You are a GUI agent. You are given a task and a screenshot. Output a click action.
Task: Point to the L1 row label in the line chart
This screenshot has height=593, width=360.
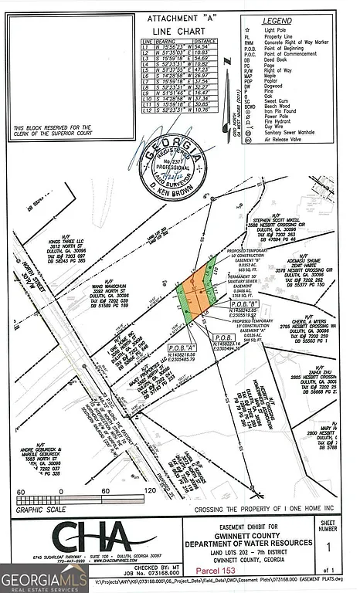click(144, 46)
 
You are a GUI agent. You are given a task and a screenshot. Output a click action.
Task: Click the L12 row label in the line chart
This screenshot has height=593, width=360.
click(145, 110)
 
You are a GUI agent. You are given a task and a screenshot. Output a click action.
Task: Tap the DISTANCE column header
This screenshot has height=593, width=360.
click(203, 39)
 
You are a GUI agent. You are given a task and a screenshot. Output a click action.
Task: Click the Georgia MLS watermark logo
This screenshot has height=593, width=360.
click(43, 578)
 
